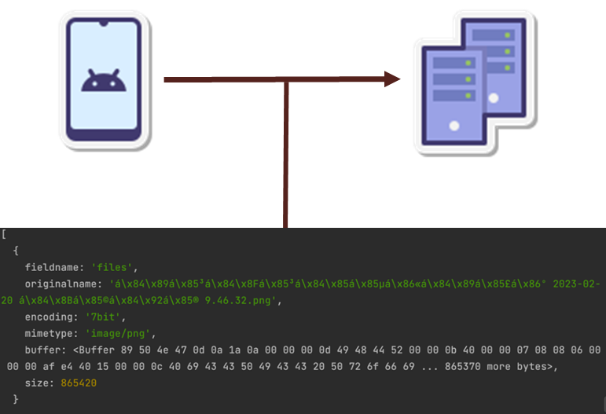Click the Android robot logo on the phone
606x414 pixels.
pyautogui.click(x=104, y=80)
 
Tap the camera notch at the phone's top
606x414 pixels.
pyautogui.click(x=103, y=24)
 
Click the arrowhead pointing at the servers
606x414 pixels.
pyautogui.click(x=391, y=79)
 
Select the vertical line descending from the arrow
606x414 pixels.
pyautogui.click(x=286, y=157)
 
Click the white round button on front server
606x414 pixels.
pyautogui.click(x=454, y=125)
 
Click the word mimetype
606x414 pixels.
pyautogui.click(x=50, y=333)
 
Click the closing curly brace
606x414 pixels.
pyautogui.click(x=16, y=399)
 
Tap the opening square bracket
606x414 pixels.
pyautogui.click(x=4, y=234)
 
